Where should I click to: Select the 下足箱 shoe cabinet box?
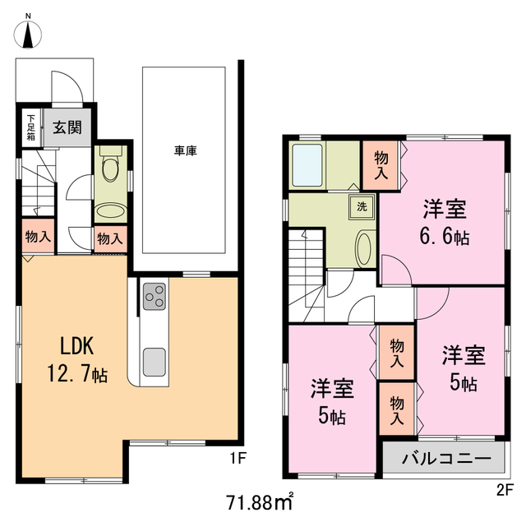(30, 127)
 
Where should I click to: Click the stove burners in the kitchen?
(154, 296)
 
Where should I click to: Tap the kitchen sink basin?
(154, 361)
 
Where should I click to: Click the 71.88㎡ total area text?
(261, 500)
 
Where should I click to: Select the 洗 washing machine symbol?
(362, 207)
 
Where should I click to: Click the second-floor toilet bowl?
(364, 246)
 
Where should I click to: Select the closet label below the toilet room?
(109, 239)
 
